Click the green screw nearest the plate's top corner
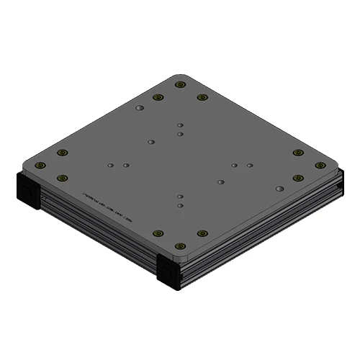point(180,84)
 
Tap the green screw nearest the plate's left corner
point(40,165)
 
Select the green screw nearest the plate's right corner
point(320,165)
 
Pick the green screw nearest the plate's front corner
point(180,246)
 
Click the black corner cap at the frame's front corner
point(169,274)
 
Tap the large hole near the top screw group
point(140,108)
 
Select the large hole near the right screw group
point(279,188)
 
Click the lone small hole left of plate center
point(151,142)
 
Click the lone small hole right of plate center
point(220,181)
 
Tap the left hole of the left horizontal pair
point(110,165)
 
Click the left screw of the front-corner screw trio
point(158,233)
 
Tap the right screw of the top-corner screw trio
point(202,97)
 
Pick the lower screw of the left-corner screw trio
point(63,178)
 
